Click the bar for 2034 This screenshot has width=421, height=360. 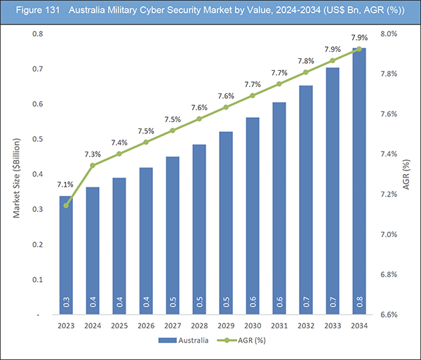(x=359, y=182)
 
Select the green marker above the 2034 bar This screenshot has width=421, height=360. (x=359, y=49)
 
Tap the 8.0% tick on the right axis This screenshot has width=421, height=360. (x=389, y=34)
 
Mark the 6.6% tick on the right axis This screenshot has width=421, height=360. (x=389, y=315)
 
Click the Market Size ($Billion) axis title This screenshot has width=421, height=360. (x=18, y=175)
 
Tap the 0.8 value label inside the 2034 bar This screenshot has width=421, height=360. (x=359, y=303)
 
